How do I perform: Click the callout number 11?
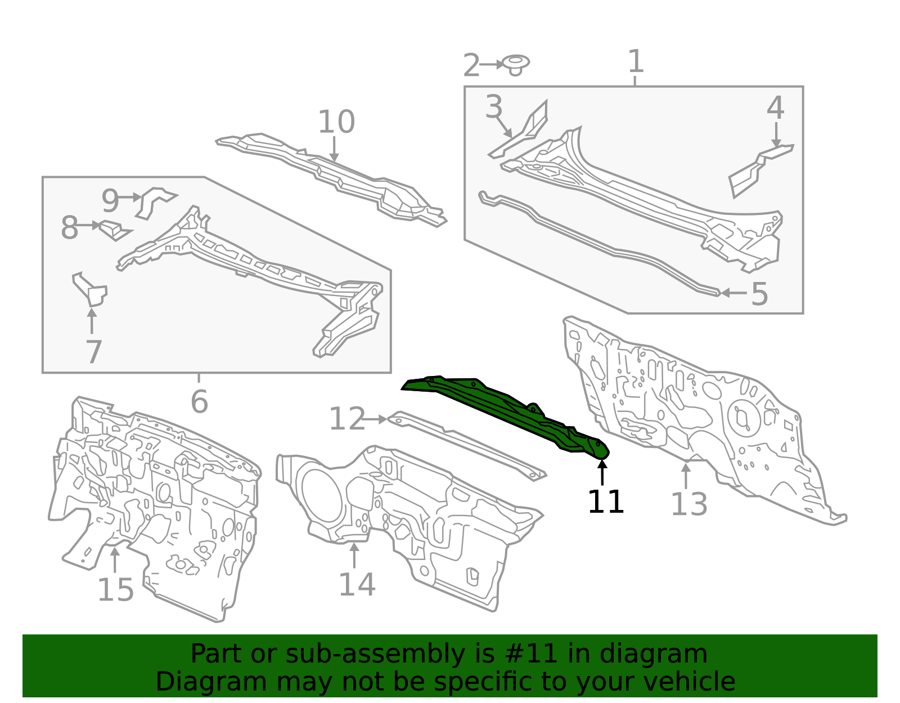pos(605,501)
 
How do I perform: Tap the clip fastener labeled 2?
pos(515,65)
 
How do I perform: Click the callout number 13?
pos(688,504)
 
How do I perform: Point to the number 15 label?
pos(115,590)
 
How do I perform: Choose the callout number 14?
pos(357,585)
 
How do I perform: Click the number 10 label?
pos(336,122)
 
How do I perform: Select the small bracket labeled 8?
pos(115,230)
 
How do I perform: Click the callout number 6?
pos(199,401)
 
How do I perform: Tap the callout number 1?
pos(636,61)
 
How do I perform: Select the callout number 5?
pos(759,294)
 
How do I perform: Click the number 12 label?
pos(347,419)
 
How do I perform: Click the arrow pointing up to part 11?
pos(602,472)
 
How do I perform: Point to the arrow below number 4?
pos(776,134)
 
